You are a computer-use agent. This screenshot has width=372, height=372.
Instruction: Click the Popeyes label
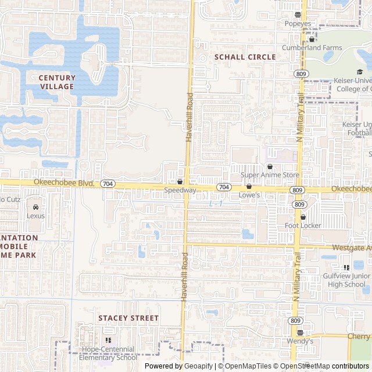298,24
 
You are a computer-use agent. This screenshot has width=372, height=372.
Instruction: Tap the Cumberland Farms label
314,48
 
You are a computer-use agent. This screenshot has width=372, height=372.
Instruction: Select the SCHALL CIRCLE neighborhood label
245,57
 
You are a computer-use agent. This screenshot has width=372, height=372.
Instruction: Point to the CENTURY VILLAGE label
57,82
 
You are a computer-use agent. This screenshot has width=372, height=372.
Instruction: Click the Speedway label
180,190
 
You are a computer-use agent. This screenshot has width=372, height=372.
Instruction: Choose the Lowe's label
249,195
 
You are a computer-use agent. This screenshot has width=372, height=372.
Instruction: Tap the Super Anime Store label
270,175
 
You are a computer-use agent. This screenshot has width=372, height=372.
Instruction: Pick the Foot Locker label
303,226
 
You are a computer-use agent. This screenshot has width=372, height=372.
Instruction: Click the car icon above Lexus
36,207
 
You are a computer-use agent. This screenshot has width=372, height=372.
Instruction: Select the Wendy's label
300,341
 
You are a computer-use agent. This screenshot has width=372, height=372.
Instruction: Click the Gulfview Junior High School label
346,280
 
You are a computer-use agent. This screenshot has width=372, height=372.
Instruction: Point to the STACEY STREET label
128,318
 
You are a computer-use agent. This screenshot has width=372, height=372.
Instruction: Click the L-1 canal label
216,204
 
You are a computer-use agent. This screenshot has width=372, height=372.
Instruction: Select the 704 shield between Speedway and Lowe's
224,187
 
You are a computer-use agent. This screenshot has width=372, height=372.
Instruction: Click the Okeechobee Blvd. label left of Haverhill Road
64,183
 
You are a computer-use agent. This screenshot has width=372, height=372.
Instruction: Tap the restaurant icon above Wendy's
300,333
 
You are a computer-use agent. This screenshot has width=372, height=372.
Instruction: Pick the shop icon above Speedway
180,182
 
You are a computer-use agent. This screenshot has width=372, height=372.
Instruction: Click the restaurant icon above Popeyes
298,15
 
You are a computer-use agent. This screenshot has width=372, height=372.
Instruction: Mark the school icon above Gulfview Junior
346,267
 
